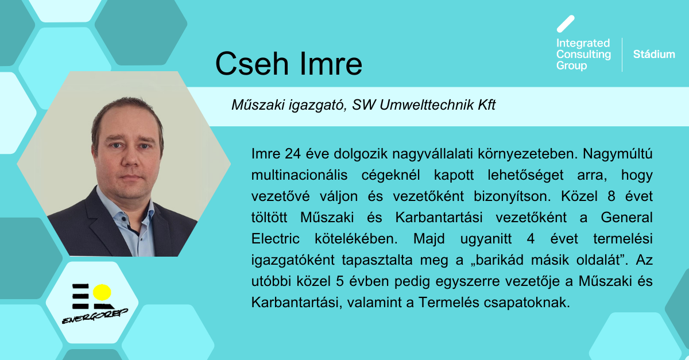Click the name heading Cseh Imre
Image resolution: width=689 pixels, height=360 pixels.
[288, 64]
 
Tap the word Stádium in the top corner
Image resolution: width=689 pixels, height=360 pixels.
[654, 55]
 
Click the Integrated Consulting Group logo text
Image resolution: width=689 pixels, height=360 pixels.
[583, 55]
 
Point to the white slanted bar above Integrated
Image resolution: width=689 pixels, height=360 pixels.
[566, 24]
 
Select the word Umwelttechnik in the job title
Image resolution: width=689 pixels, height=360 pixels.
[427, 105]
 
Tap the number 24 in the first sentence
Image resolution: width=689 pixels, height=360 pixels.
[292, 153]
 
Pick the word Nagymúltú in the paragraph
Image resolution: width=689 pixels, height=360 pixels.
[617, 153]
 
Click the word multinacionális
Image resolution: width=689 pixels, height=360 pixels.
[299, 175]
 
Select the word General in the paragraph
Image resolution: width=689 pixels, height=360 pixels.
[626, 218]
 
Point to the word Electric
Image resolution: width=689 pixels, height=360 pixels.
[275, 239]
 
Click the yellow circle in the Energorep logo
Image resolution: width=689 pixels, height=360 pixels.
[102, 292]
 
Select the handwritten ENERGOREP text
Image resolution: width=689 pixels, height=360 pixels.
[95, 316]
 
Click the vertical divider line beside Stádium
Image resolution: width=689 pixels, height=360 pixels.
[622, 55]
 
